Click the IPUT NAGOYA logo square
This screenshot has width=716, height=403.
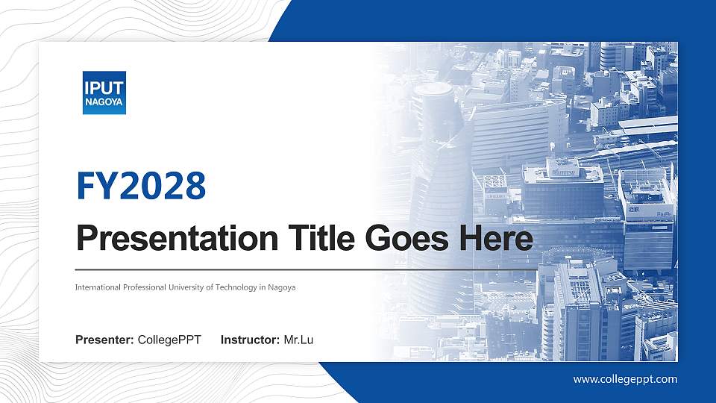104,93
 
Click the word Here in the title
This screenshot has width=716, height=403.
496,239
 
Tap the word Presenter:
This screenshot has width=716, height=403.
105,340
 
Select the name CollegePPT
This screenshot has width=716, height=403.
169,340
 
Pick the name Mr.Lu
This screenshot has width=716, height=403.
298,340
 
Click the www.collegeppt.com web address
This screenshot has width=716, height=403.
625,379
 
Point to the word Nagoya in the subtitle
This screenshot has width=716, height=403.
283,287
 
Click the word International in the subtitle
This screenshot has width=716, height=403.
98,287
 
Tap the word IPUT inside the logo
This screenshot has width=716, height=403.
104,87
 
